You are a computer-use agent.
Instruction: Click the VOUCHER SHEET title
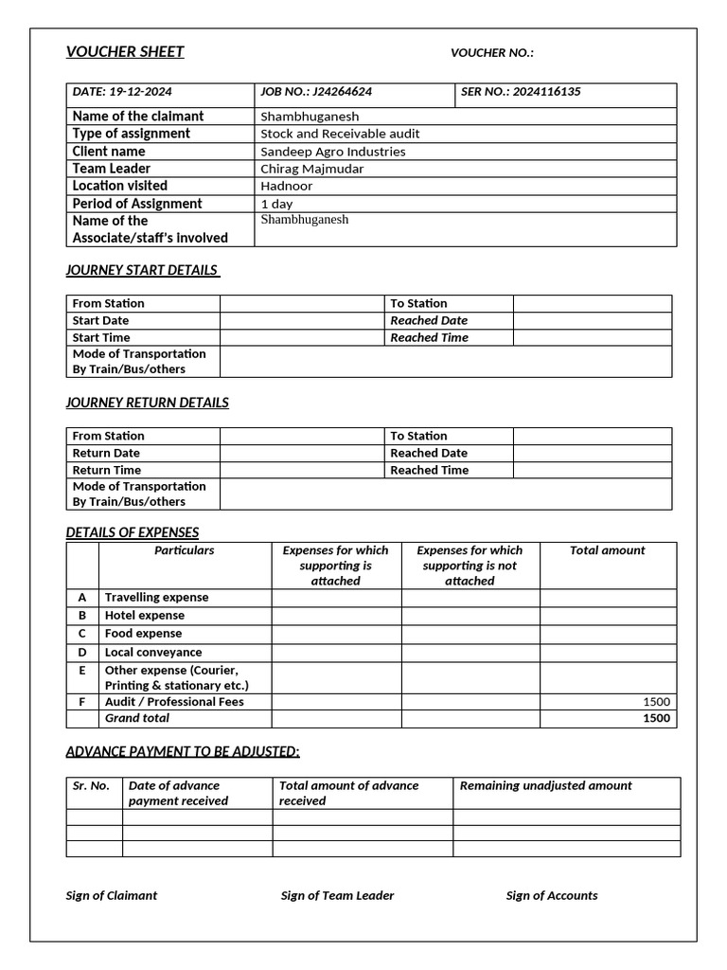(x=125, y=52)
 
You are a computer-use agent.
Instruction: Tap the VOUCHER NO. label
(x=491, y=53)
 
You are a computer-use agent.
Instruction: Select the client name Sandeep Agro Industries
(x=332, y=152)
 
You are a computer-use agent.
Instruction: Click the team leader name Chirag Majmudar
(x=311, y=169)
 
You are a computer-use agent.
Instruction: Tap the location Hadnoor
(x=286, y=186)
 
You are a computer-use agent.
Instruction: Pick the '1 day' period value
(x=276, y=204)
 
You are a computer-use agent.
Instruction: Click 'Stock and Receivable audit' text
(x=340, y=134)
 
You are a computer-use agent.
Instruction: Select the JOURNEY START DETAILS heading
(x=142, y=270)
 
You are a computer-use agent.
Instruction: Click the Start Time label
(x=101, y=337)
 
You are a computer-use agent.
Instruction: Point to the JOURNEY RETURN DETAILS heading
(x=147, y=403)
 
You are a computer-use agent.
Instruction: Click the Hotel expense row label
(x=144, y=616)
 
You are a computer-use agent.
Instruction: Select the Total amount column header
(x=607, y=550)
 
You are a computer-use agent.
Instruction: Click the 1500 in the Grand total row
(x=656, y=718)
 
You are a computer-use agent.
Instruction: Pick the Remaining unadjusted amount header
(x=545, y=785)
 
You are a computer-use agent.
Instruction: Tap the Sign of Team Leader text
(x=337, y=895)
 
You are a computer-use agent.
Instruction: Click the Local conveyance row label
(x=152, y=652)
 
